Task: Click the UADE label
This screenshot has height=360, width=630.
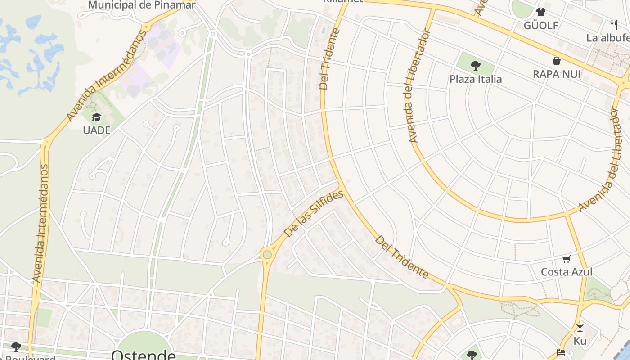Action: (x=96, y=130)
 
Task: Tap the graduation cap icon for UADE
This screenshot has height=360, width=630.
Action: (x=96, y=117)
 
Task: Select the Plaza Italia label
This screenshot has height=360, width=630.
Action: (x=476, y=79)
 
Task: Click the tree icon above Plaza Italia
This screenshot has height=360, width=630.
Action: (x=476, y=66)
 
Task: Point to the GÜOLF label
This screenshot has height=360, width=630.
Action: (x=541, y=26)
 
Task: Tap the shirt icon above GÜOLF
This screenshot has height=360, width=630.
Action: (x=540, y=12)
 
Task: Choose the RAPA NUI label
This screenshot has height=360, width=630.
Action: (x=557, y=74)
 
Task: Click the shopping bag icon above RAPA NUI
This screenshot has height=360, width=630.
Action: (x=557, y=61)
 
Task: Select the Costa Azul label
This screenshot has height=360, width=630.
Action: (x=566, y=272)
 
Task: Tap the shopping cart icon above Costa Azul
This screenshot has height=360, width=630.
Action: (x=566, y=259)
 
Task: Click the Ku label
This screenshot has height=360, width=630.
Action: (x=580, y=341)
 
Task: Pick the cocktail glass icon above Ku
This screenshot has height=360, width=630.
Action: (x=580, y=328)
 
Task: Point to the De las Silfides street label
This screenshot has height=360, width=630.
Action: (x=314, y=213)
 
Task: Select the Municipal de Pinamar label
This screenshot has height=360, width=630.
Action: (x=142, y=5)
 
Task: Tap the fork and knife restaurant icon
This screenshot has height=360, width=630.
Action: (x=614, y=24)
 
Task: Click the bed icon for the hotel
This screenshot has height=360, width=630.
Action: (x=561, y=352)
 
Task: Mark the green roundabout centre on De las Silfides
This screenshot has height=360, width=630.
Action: (x=267, y=255)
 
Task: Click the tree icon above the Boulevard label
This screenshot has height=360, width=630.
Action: (x=16, y=346)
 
